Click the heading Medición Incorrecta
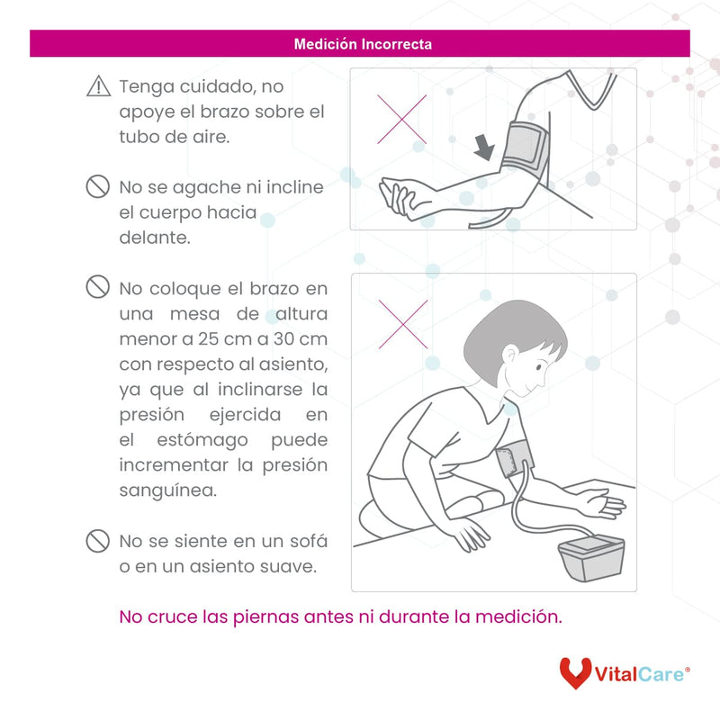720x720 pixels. coord(363,43)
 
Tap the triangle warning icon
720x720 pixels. coord(97,87)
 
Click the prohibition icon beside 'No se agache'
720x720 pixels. coord(97,187)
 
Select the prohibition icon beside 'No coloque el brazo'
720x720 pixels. coord(97,287)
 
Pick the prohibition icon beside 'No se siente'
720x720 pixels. coord(97,541)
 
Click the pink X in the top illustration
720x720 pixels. coord(400,120)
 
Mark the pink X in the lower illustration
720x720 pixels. coord(402,324)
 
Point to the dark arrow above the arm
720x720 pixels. coord(484,147)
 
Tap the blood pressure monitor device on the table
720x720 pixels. coord(591,559)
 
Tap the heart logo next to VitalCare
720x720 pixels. coord(575,672)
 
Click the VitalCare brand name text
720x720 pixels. coord(641,673)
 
